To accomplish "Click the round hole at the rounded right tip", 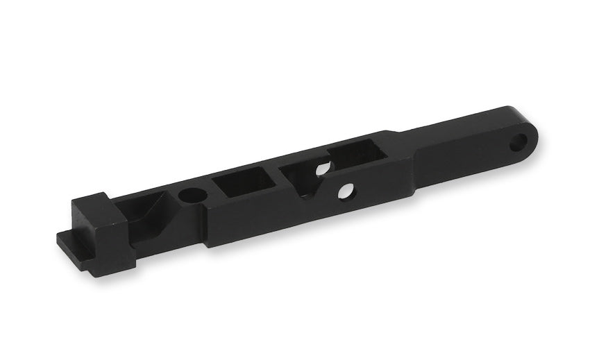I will click(x=517, y=144).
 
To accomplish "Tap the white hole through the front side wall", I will click(x=345, y=189).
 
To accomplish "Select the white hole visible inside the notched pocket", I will click(x=321, y=169).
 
